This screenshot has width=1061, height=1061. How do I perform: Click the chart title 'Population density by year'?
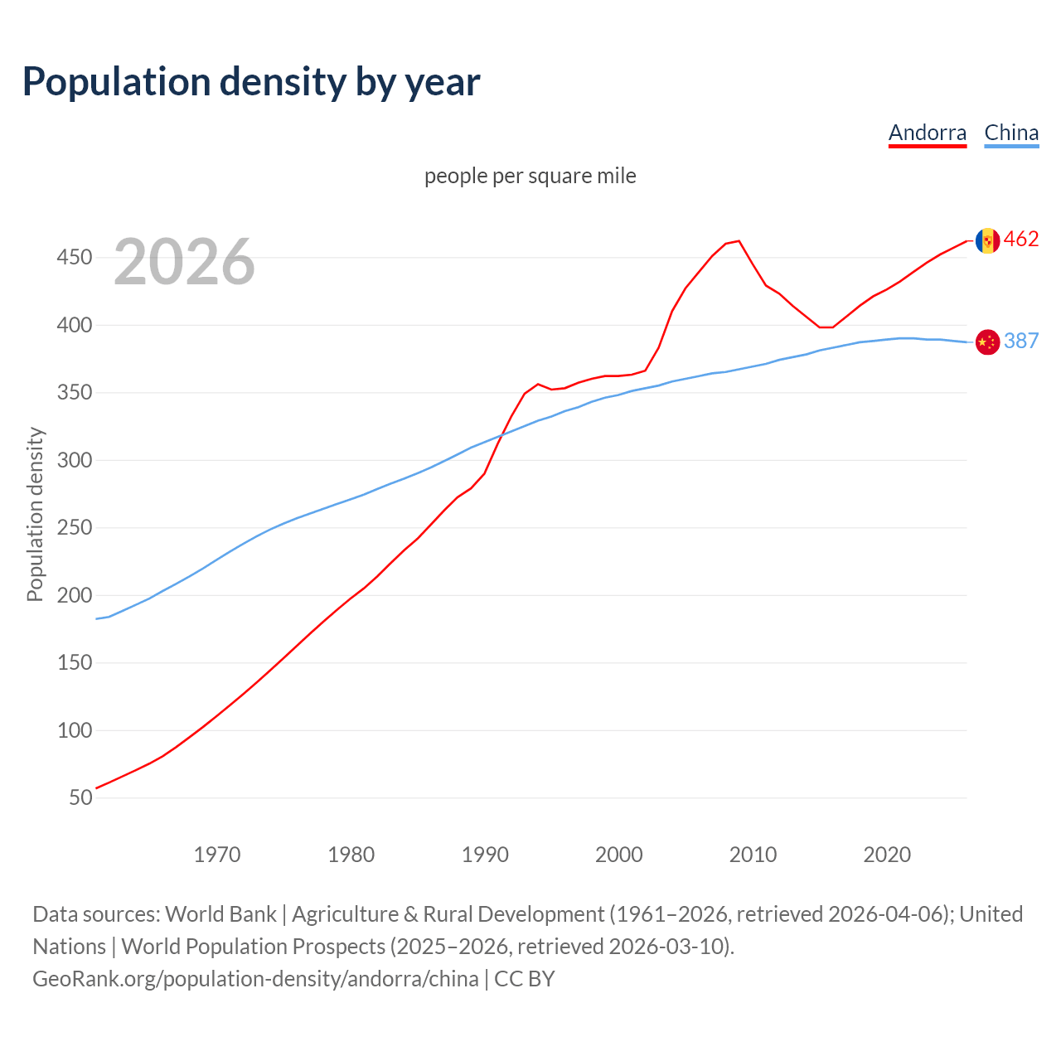click(x=251, y=82)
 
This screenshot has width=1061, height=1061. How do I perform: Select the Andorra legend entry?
click(x=927, y=133)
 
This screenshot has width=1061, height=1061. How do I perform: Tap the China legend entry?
click(x=1011, y=133)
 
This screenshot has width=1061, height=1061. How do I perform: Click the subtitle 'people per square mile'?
click(x=530, y=176)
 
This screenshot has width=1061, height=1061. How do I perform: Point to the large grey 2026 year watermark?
click(x=184, y=262)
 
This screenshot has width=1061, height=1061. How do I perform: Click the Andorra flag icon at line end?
click(x=986, y=240)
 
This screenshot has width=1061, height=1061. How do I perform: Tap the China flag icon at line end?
click(x=986, y=342)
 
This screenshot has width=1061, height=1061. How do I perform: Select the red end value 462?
click(x=1021, y=240)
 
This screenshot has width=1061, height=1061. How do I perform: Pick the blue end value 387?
click(x=1021, y=341)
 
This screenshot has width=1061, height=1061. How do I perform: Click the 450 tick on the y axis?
click(x=74, y=258)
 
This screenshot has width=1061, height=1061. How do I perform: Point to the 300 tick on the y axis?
click(x=74, y=460)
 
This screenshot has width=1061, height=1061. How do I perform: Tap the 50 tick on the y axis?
click(x=80, y=797)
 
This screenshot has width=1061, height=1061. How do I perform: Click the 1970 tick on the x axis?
click(x=217, y=855)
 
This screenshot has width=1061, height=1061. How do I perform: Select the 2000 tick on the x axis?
click(x=619, y=855)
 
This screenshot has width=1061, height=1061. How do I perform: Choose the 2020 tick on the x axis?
click(x=887, y=855)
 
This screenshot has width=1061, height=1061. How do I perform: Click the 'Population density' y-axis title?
click(x=35, y=514)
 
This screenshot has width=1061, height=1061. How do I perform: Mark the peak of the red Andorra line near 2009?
click(x=739, y=241)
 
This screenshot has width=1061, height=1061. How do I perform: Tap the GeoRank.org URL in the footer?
click(x=255, y=979)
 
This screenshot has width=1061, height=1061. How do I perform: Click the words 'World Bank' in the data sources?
click(x=220, y=914)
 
